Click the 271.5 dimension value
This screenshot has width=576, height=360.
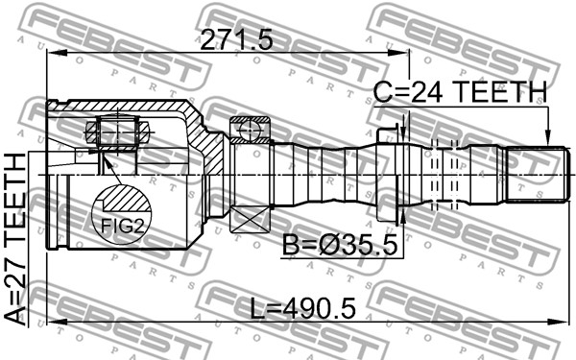tap(237, 39)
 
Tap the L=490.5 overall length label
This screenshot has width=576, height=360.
tap(303, 308)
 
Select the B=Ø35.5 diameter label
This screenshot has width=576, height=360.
tap(340, 246)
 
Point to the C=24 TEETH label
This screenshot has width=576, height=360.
tap(460, 92)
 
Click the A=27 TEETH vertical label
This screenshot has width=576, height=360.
tap(15, 239)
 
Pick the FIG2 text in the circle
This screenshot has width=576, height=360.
tap(122, 226)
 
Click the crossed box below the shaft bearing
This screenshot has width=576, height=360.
tap(250, 219)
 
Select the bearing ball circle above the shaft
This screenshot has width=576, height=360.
tap(250, 130)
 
